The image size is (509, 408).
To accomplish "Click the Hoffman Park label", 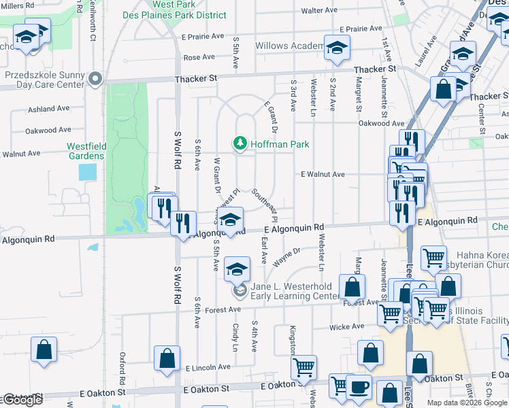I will point(280,144).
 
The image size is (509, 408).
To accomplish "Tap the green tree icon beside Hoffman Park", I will point(239,143).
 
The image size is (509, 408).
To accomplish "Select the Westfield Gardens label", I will point(85,151).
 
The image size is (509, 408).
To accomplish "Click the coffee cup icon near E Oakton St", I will point(359,388).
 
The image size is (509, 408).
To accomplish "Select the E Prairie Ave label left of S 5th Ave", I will point(203,36).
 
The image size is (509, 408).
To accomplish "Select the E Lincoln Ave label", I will point(208,367).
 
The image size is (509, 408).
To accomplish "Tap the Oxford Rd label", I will point(124,367).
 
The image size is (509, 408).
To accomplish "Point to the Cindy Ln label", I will point(235,337).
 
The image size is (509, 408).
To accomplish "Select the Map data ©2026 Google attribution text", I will point(467,403).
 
